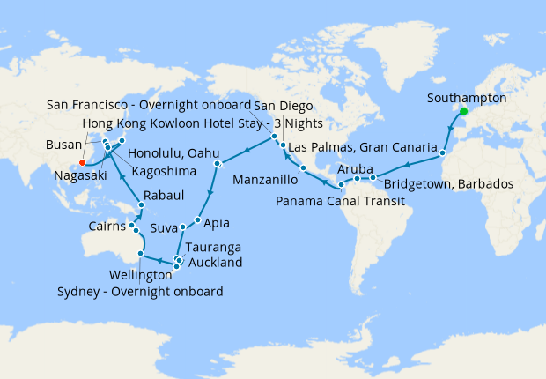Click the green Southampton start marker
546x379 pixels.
click(463, 111)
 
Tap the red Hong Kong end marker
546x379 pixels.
click(82, 162)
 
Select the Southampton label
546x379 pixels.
click(466, 98)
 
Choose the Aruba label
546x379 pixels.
click(356, 167)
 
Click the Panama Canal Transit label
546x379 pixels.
click(339, 202)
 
